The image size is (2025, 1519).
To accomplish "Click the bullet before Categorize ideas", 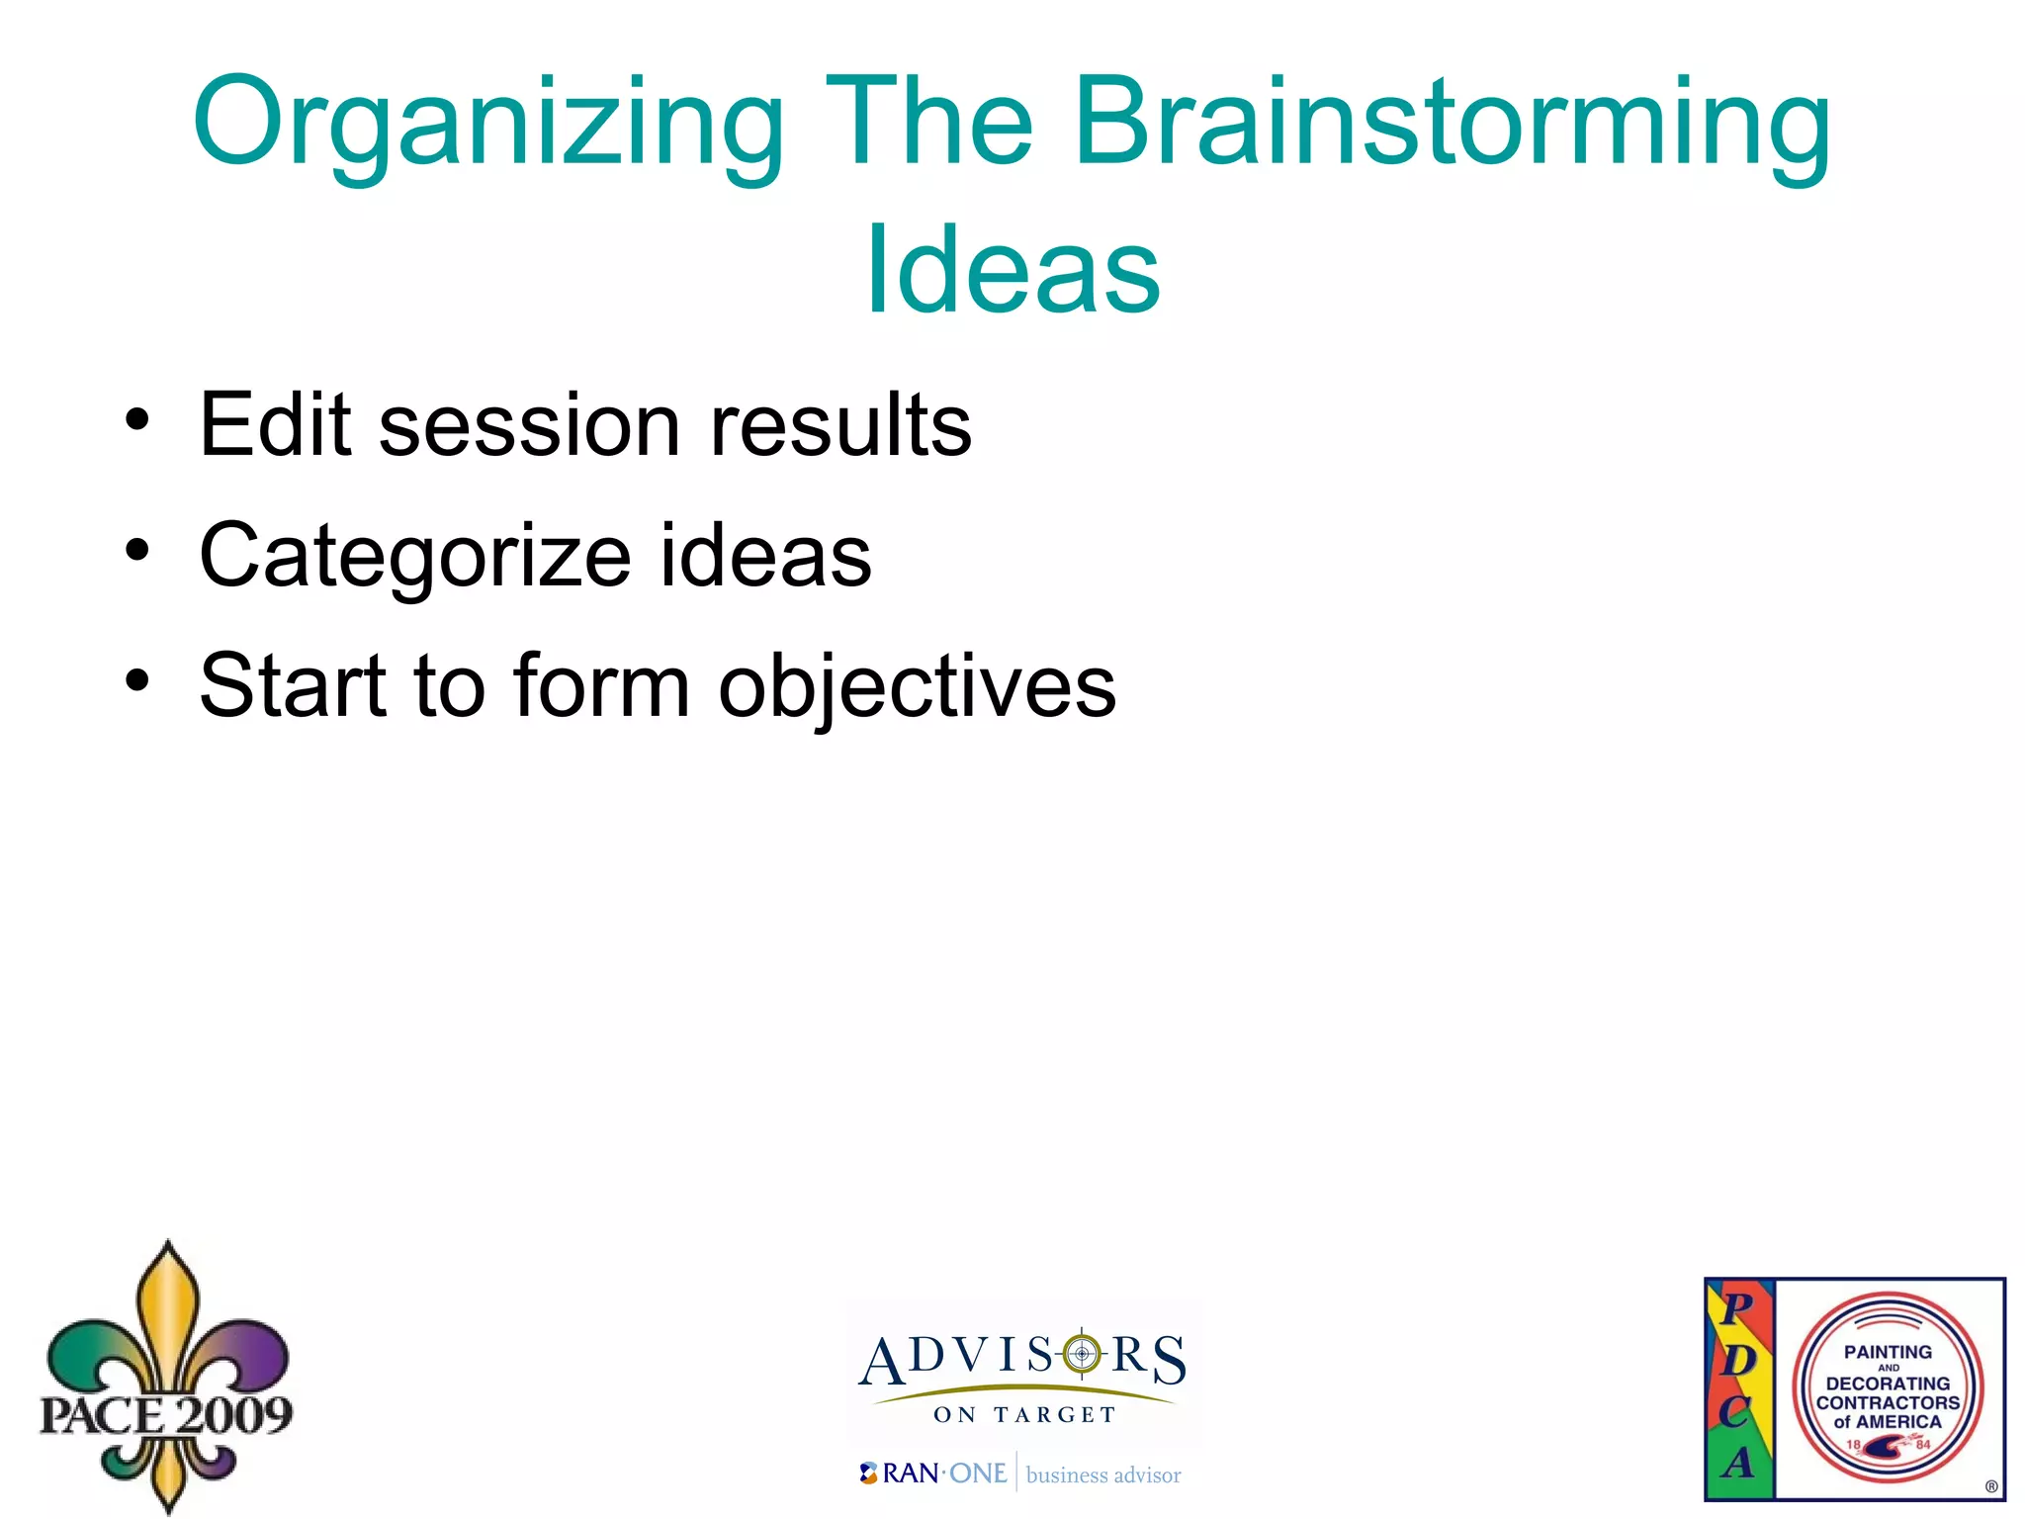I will [x=137, y=550].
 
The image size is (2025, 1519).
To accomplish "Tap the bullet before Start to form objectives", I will [x=137, y=680].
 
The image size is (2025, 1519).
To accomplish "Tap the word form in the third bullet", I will [x=601, y=685].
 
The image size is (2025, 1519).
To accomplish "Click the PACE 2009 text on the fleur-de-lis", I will [x=165, y=1414].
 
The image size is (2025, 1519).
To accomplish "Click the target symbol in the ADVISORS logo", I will [x=1082, y=1354].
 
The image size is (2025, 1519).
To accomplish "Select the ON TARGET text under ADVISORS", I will [x=1024, y=1415].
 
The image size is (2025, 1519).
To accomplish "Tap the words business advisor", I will [x=1103, y=1475].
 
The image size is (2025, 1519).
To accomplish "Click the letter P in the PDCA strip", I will [x=1737, y=1308].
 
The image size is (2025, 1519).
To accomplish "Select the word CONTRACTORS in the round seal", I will [x=1887, y=1402].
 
